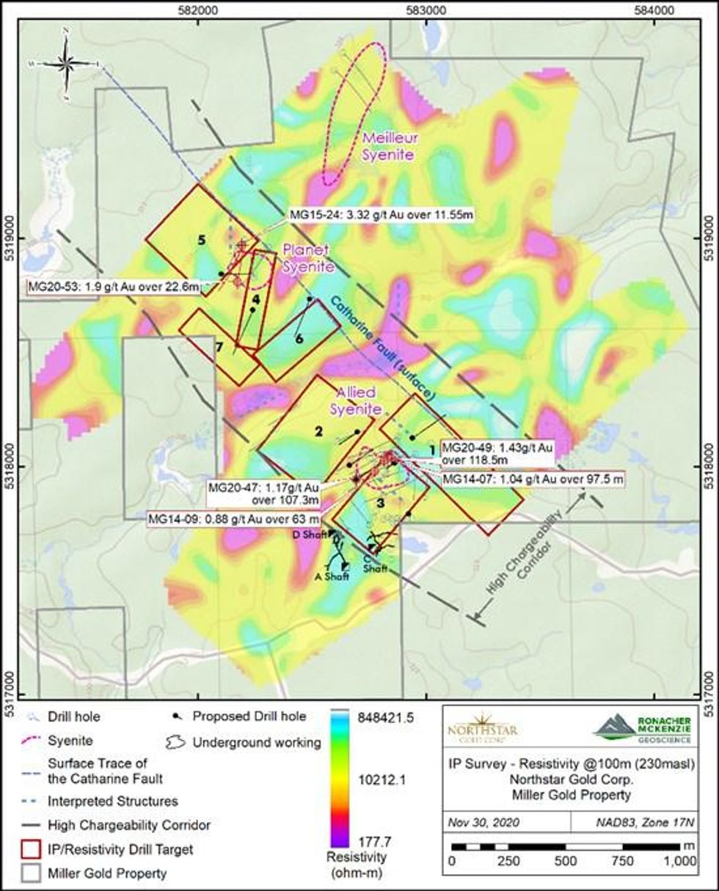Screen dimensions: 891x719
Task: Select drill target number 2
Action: (x=318, y=432)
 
